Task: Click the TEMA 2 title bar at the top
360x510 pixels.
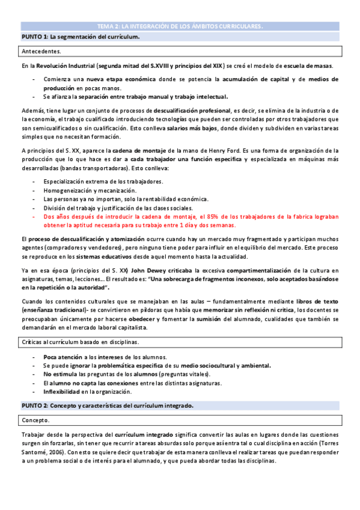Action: [x=180, y=26]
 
